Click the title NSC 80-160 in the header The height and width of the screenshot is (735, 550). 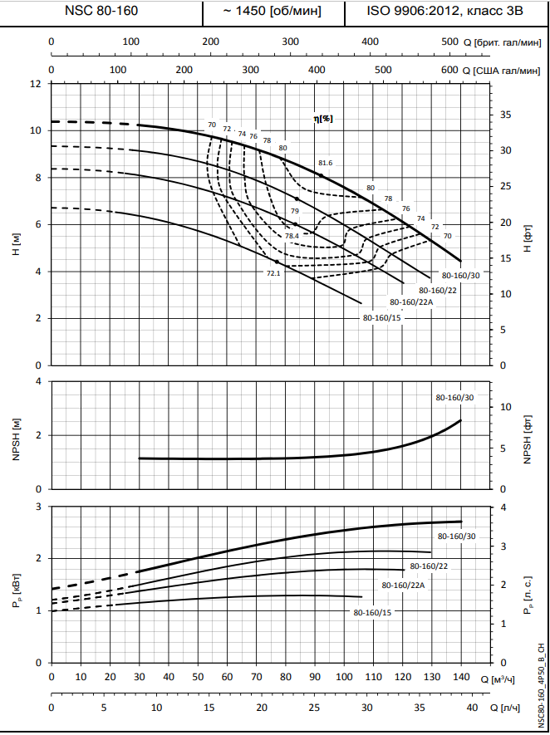(x=101, y=12)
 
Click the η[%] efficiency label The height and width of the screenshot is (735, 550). (x=323, y=119)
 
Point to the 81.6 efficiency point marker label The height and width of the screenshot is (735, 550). (x=325, y=163)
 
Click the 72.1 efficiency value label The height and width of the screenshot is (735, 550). (x=273, y=272)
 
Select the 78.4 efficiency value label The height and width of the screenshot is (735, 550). (x=292, y=236)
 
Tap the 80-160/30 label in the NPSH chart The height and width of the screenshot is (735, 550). (x=455, y=398)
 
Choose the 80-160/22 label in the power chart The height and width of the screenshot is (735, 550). (x=430, y=566)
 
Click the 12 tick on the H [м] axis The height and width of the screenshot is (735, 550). (x=35, y=84)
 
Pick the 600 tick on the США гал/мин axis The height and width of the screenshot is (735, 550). (x=449, y=70)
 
